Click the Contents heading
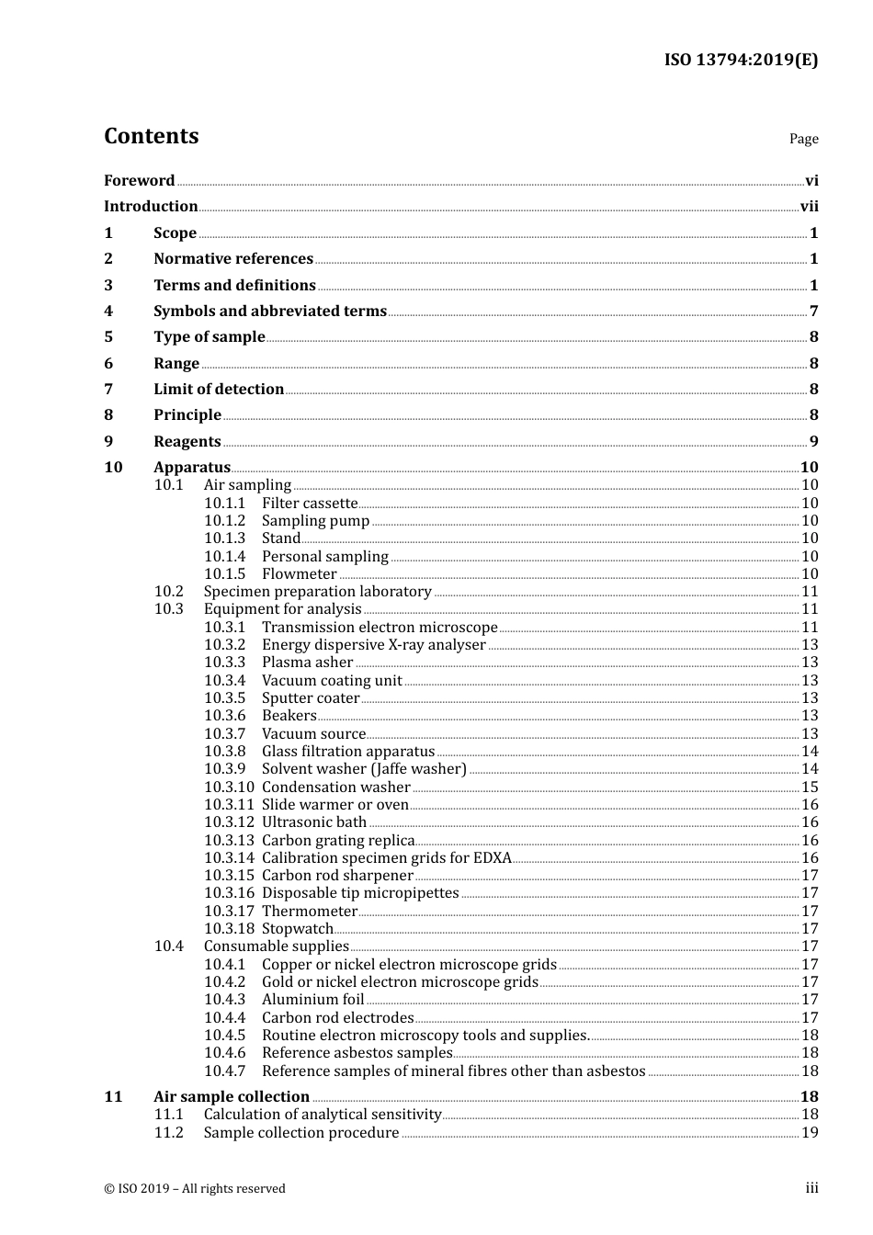pyautogui.click(x=151, y=136)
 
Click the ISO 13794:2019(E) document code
pyautogui.click(x=741, y=61)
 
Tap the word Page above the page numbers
pyautogui.click(x=803, y=139)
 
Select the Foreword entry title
pyautogui.click(x=139, y=181)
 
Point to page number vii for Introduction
pyautogui.click(x=809, y=207)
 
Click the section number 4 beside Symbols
pyautogui.click(x=108, y=312)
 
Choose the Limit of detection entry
pyautogui.click(x=219, y=390)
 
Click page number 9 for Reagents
pyautogui.click(x=813, y=442)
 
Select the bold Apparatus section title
pyautogui.click(x=192, y=468)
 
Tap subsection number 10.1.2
pyautogui.click(x=224, y=521)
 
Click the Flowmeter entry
pyautogui.click(x=299, y=574)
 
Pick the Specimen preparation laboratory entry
pyautogui.click(x=317, y=592)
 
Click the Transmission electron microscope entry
pyautogui.click(x=380, y=628)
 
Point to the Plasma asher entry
pyautogui.click(x=307, y=663)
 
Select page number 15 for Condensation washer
pyautogui.click(x=810, y=787)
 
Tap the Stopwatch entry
pyautogui.click(x=297, y=929)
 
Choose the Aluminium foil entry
pyautogui.click(x=312, y=1000)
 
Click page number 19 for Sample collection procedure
pyautogui.click(x=810, y=1133)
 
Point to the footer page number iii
pyautogui.click(x=811, y=1188)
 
